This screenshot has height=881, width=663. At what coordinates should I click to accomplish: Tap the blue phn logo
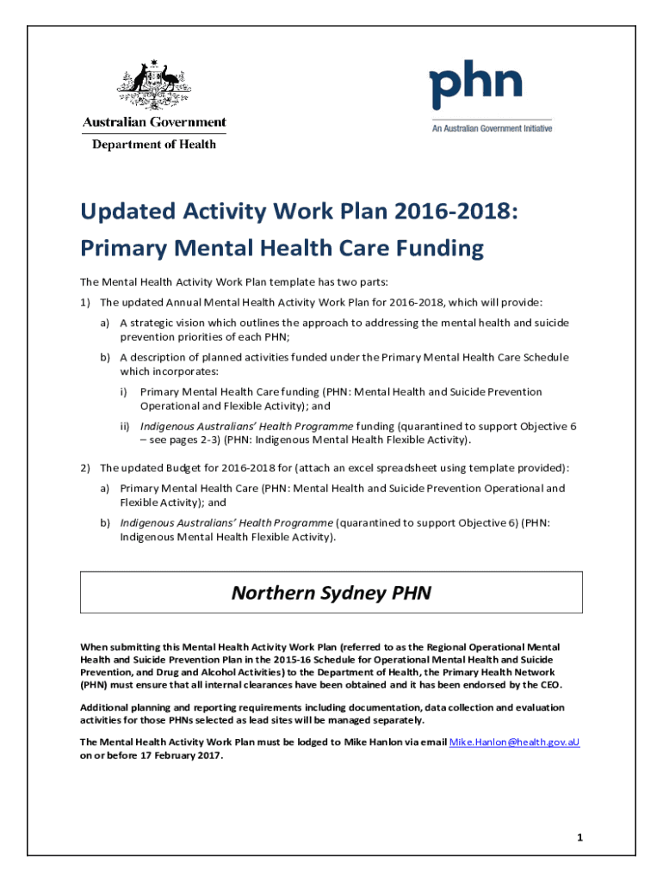pos(476,83)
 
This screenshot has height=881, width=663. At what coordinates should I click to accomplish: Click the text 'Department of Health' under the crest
pos(154,145)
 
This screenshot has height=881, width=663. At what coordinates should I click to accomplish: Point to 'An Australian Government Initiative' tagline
pos(492,128)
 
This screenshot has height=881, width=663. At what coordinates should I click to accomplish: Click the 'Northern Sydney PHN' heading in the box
pos(331,593)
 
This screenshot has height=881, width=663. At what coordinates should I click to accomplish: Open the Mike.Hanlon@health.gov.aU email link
pos(515,742)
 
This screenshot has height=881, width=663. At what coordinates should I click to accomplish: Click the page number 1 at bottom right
pos(580,836)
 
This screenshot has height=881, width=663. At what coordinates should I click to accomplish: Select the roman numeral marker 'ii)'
pos(125,427)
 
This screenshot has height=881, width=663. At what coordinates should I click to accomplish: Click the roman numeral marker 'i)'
pos(124,392)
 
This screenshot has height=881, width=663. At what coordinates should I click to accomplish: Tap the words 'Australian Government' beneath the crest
pos(154,122)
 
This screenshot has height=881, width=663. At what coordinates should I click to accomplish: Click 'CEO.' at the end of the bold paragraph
pos(548,686)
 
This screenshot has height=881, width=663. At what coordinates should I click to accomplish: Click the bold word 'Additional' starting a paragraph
pos(103,707)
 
